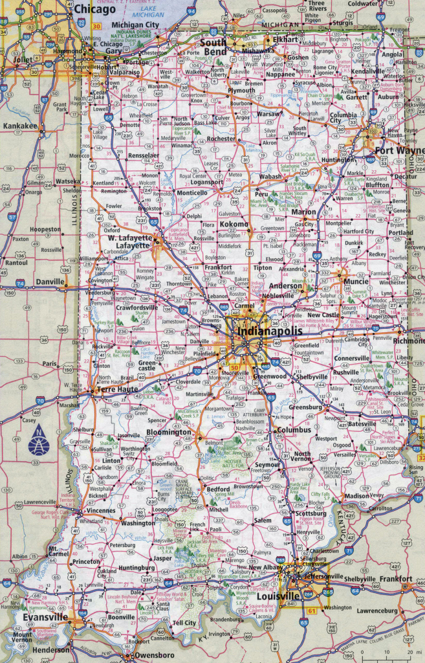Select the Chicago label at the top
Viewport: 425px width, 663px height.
[94, 9]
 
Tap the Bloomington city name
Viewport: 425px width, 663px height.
[168, 432]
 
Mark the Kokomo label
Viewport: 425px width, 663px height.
[234, 224]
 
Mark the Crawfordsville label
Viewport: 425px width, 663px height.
[136, 308]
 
